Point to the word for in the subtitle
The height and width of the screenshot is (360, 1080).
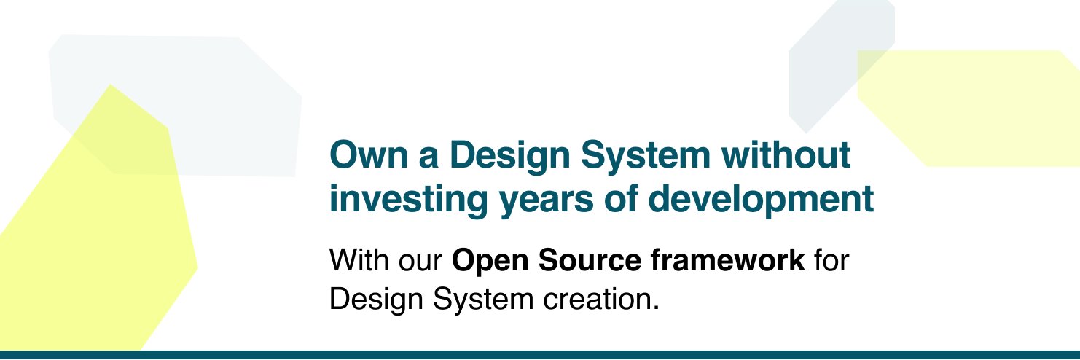pos(832,260)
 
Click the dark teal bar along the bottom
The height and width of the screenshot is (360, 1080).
pos(540,355)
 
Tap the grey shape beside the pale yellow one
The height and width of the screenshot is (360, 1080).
pos(823,66)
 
